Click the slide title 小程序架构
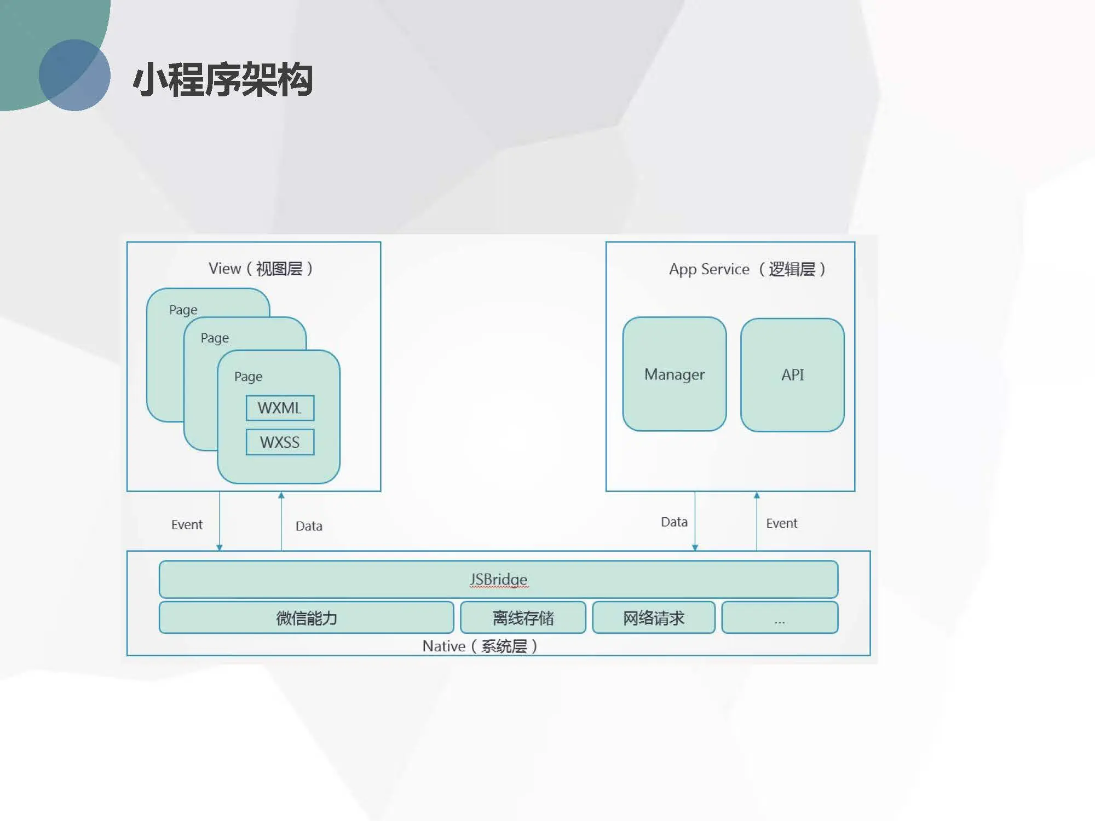pos(223,80)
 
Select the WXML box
pos(280,408)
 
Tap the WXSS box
pos(280,442)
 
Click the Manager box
pos(674,374)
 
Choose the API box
pos(792,375)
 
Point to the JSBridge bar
pos(498,579)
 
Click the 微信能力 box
pos(306,618)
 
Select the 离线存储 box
pos(523,618)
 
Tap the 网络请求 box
pos(654,618)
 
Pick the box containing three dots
pos(780,618)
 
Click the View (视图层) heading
pos(261,269)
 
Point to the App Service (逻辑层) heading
pos(747,269)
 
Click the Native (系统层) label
pos(480,646)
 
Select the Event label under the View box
pos(187,525)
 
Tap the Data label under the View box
pos(309,526)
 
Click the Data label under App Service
pos(674,522)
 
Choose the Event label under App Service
pos(781,523)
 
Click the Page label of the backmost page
pos(183,310)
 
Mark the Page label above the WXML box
pos(248,377)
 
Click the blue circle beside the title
pos(75,75)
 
